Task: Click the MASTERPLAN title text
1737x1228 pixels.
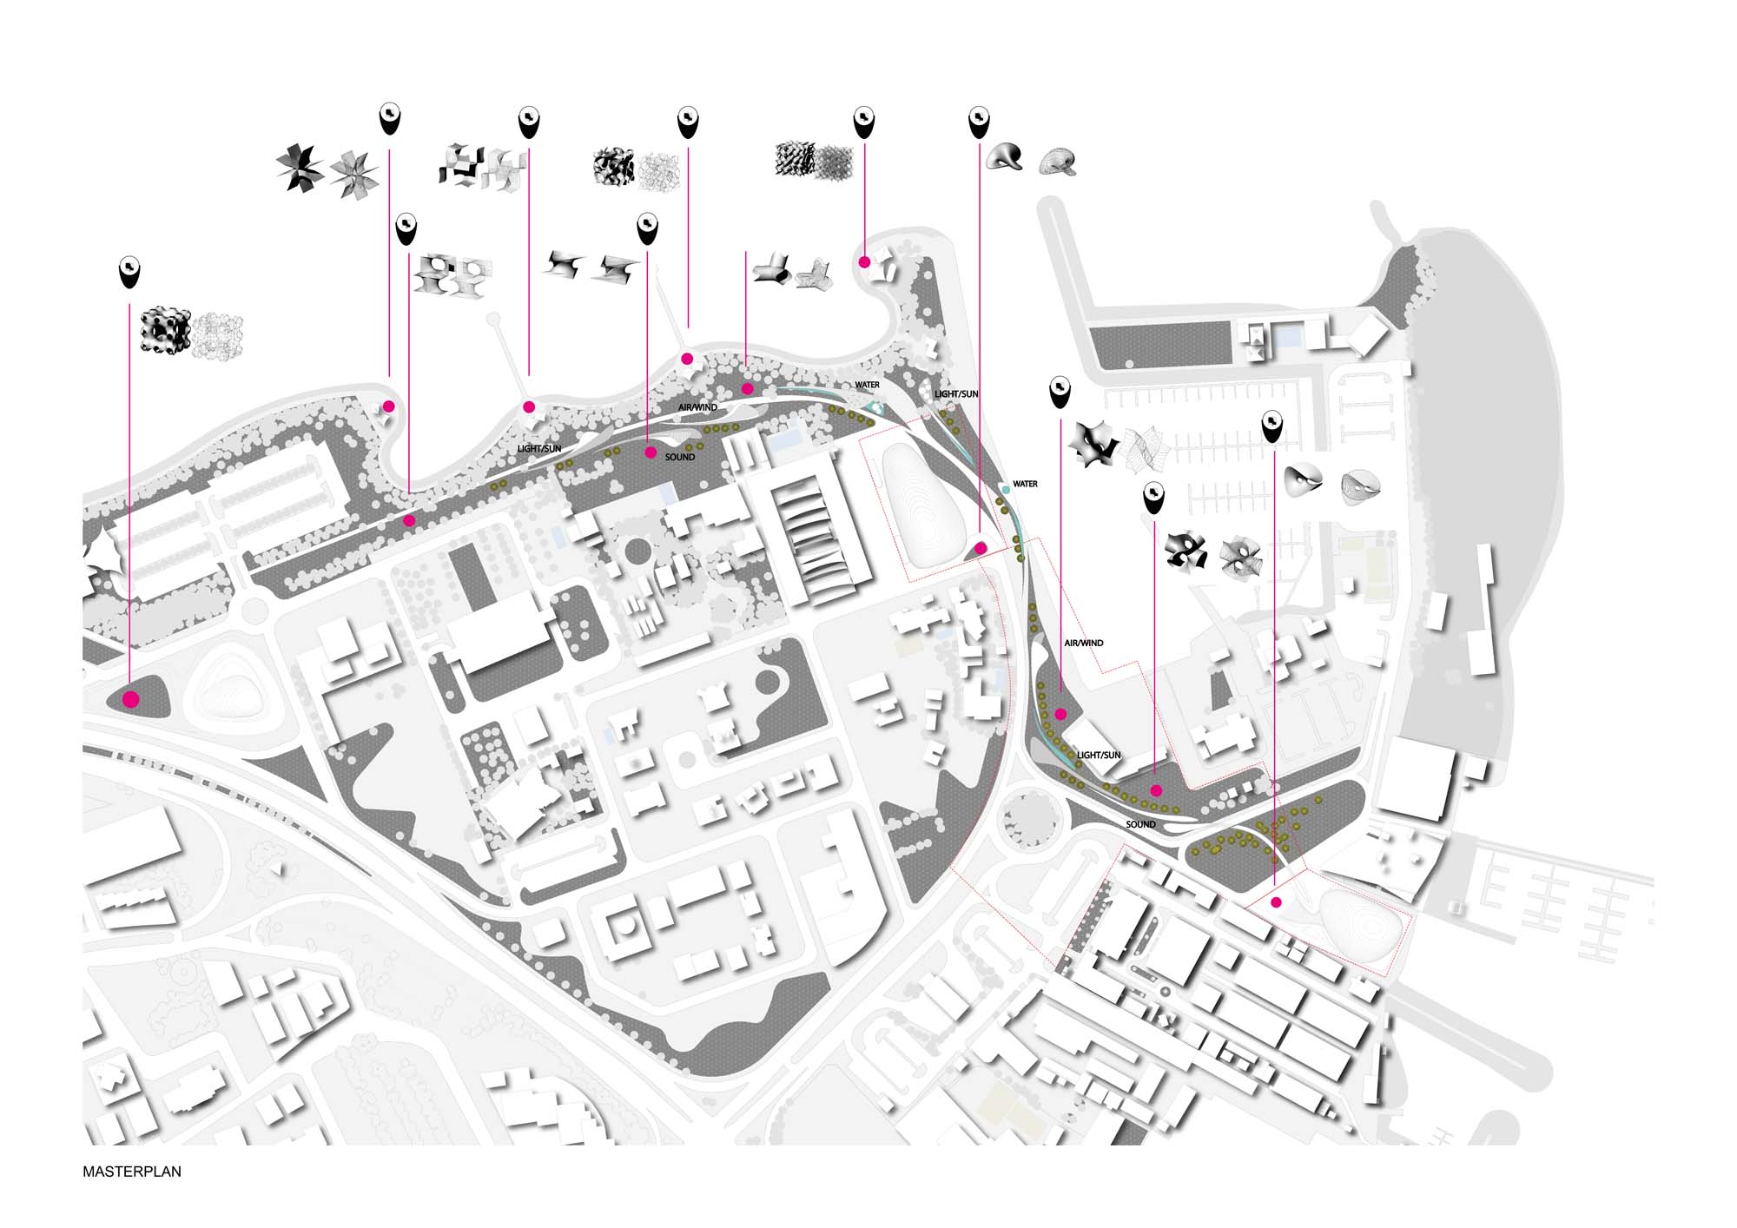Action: pyautogui.click(x=132, y=1172)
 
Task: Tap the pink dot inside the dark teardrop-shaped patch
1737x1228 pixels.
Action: pyautogui.click(x=131, y=699)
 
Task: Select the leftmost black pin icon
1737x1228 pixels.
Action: pyautogui.click(x=129, y=273)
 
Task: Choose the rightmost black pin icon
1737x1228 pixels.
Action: pyautogui.click(x=1272, y=426)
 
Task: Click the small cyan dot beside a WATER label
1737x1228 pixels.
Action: pyautogui.click(x=1006, y=490)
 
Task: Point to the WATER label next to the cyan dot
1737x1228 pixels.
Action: pyautogui.click(x=1025, y=484)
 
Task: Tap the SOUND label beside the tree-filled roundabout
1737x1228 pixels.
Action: pyautogui.click(x=1140, y=824)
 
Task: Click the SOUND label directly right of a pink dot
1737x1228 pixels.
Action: pyautogui.click(x=680, y=457)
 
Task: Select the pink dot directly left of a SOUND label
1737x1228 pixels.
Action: pyautogui.click(x=651, y=452)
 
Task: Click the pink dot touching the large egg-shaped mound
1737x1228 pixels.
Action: pyautogui.click(x=980, y=549)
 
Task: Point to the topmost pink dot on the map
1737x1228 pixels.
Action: pyautogui.click(x=865, y=262)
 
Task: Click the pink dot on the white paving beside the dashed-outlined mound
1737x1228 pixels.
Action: pyautogui.click(x=1276, y=903)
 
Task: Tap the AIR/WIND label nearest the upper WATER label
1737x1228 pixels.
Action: pyautogui.click(x=698, y=407)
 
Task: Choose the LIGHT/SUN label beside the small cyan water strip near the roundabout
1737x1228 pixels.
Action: pyautogui.click(x=1099, y=756)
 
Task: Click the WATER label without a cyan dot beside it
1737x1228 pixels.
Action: pyautogui.click(x=867, y=385)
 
